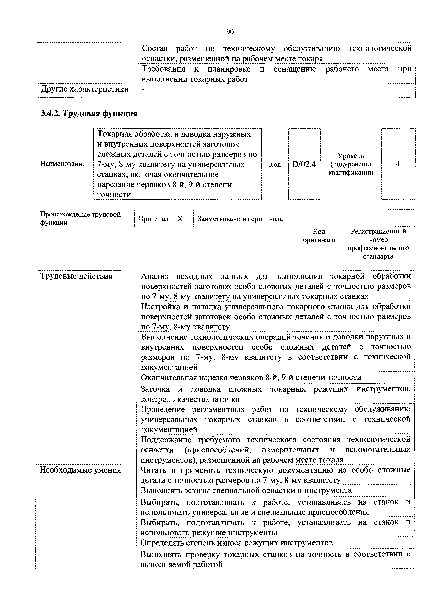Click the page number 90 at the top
click(230, 32)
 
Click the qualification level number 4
click(398, 164)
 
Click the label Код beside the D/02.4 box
click(275, 164)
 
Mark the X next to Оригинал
click(180, 219)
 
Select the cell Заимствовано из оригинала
click(240, 219)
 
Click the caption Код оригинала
click(319, 236)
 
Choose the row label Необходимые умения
click(80, 470)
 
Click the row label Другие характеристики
click(85, 89)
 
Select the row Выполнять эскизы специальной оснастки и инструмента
click(246, 490)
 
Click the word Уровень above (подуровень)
click(351, 156)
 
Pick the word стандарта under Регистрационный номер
click(378, 256)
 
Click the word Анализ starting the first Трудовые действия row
click(155, 276)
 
